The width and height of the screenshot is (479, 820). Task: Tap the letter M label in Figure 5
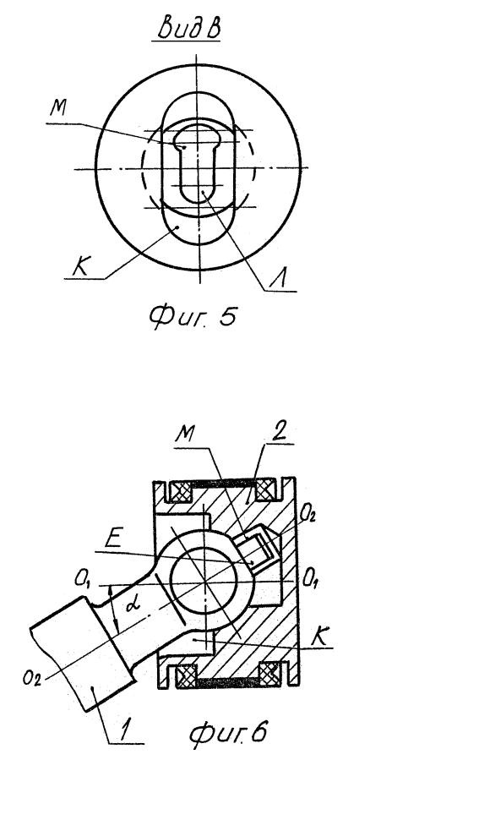pos(58,107)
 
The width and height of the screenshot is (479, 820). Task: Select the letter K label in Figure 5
pos(80,268)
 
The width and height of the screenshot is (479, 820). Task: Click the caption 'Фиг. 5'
pos(192,316)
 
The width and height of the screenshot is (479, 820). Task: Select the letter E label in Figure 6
pos(113,539)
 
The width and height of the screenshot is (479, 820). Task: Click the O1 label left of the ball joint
pos(83,579)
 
